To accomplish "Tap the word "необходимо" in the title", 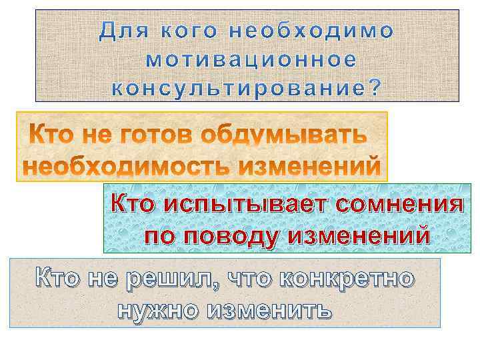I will [311, 31].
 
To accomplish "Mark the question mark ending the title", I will [377, 87].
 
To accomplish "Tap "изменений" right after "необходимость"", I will [313, 165].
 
